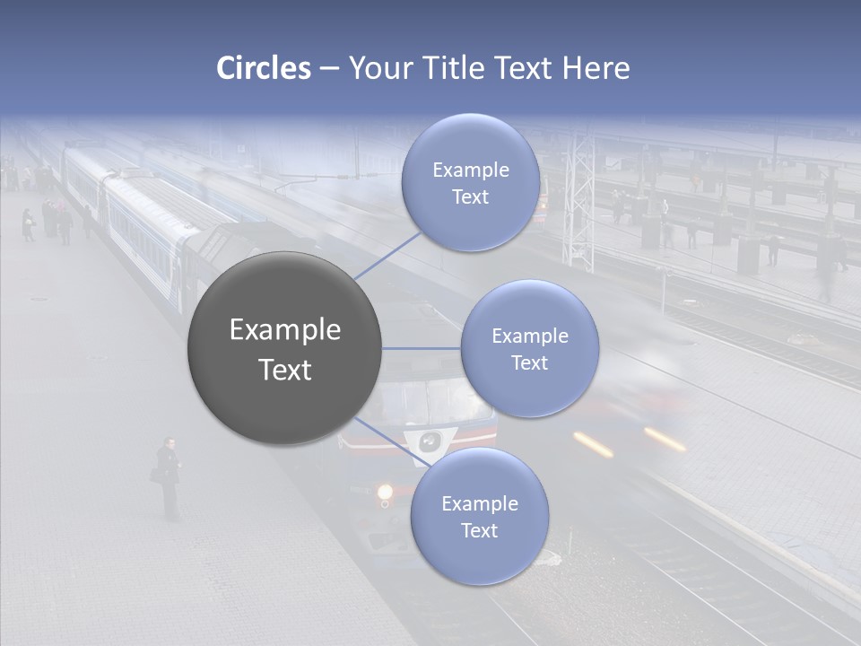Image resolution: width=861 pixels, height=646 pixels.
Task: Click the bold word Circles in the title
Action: [x=264, y=68]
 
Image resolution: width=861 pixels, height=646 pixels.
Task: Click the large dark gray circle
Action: [x=284, y=348]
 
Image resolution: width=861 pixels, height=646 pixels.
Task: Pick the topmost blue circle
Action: [x=470, y=183]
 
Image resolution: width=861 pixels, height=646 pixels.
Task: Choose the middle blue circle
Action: [x=529, y=348]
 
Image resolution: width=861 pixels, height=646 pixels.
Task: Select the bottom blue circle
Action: [x=479, y=517]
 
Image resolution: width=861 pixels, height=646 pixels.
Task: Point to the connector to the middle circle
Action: [x=422, y=348]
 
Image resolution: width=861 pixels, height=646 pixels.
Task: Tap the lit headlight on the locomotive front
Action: [x=386, y=492]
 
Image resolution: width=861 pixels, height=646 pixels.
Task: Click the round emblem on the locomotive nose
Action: [x=431, y=441]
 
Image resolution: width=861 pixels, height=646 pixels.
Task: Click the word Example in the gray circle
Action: [x=284, y=330]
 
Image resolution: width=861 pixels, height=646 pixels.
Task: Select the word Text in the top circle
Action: [x=470, y=197]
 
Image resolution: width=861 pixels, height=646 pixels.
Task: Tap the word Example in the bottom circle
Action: [x=479, y=503]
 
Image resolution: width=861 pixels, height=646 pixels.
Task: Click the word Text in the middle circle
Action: [x=529, y=363]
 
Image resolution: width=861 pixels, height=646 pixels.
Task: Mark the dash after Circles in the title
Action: [x=328, y=68]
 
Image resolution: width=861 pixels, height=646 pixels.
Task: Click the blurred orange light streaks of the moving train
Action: [x=628, y=441]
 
